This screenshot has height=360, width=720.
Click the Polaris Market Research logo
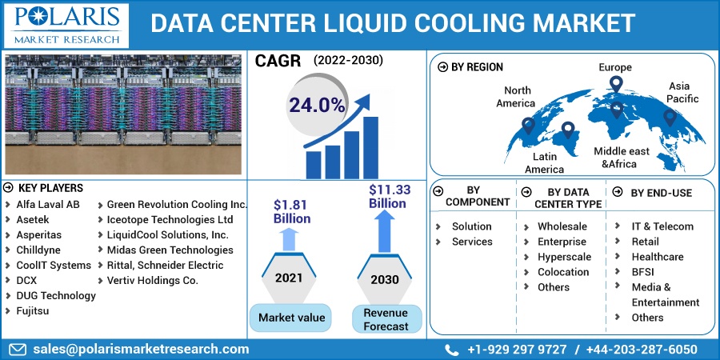(66, 26)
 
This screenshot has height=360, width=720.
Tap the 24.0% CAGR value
(316, 106)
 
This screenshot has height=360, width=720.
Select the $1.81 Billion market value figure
(291, 211)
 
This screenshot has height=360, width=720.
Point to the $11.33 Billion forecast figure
(390, 196)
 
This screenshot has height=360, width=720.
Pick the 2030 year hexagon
(385, 278)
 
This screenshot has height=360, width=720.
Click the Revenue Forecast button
(386, 319)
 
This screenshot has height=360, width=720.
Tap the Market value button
(290, 318)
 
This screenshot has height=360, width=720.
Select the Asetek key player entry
(33, 219)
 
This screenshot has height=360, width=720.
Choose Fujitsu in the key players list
(33, 311)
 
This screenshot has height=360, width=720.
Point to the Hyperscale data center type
(564, 257)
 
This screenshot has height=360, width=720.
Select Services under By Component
(472, 242)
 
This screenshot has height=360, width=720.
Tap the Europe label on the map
(615, 67)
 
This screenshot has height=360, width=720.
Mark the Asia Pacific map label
(682, 92)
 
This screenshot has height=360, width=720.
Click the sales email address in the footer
(141, 350)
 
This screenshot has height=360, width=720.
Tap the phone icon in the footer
(452, 350)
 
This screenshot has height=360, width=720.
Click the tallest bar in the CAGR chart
(370, 148)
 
